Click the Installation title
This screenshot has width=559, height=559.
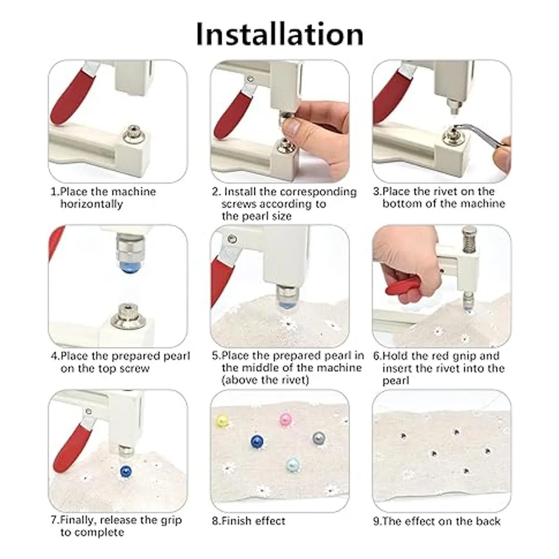279,34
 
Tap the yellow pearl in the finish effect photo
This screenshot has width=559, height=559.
223,420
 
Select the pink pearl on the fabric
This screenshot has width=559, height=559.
285,419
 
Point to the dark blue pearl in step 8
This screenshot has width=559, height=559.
257,441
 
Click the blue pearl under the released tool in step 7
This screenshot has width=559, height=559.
126,471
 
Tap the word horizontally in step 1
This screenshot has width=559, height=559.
92,204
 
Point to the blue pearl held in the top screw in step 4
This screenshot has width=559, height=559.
129,267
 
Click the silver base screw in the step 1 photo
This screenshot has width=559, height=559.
134,135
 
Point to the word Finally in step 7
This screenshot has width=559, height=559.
77,520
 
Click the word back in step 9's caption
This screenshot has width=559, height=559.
488,521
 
